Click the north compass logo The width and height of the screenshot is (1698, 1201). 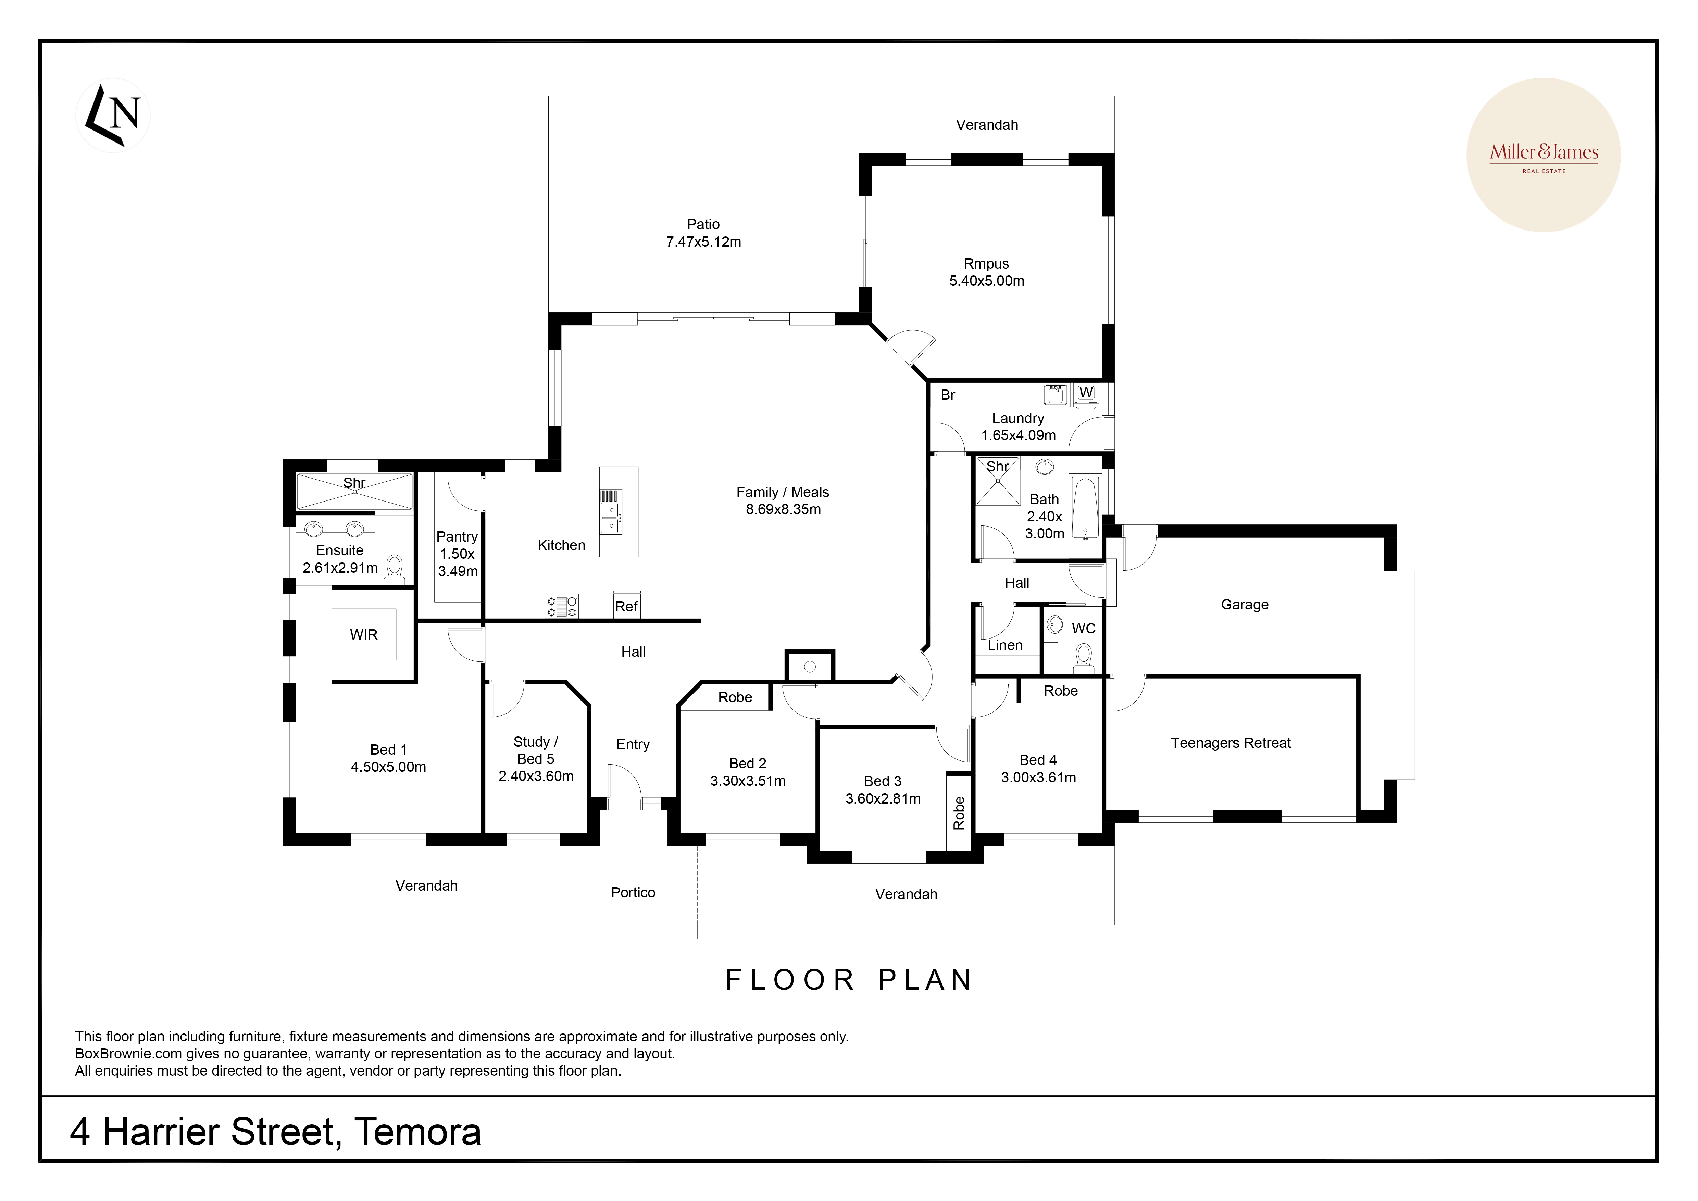[x=113, y=115]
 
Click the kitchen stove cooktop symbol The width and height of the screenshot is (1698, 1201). [x=561, y=606]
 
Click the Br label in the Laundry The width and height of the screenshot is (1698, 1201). [x=947, y=395]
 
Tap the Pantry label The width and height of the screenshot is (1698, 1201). [x=457, y=537]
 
